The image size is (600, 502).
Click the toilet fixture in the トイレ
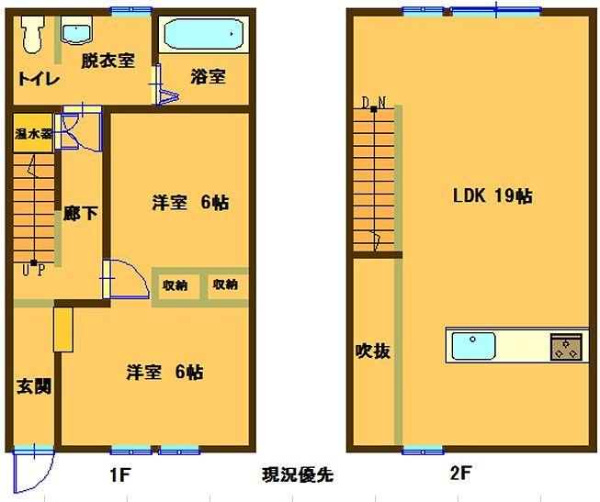click(x=31, y=34)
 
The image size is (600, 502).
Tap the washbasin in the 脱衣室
click(x=76, y=29)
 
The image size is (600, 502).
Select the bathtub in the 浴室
click(x=204, y=34)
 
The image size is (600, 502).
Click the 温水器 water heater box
click(x=33, y=133)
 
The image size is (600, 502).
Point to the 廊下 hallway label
click(x=81, y=213)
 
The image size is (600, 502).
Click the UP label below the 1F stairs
click(x=34, y=271)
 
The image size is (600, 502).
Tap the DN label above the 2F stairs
click(x=374, y=103)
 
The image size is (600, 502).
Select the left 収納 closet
click(x=175, y=286)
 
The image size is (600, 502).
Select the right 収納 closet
click(x=227, y=285)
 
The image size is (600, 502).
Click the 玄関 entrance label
click(x=34, y=386)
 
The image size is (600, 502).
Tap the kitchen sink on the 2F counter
click(x=473, y=346)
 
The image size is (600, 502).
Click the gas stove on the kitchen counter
click(x=566, y=347)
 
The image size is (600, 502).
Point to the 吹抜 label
click(x=373, y=351)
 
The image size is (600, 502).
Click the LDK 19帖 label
click(x=492, y=195)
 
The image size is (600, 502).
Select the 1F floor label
click(x=120, y=475)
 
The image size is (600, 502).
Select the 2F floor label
click(x=460, y=474)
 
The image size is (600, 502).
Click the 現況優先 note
click(x=298, y=474)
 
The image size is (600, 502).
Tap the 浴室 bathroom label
click(x=208, y=76)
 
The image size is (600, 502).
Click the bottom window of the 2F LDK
click(x=424, y=451)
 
